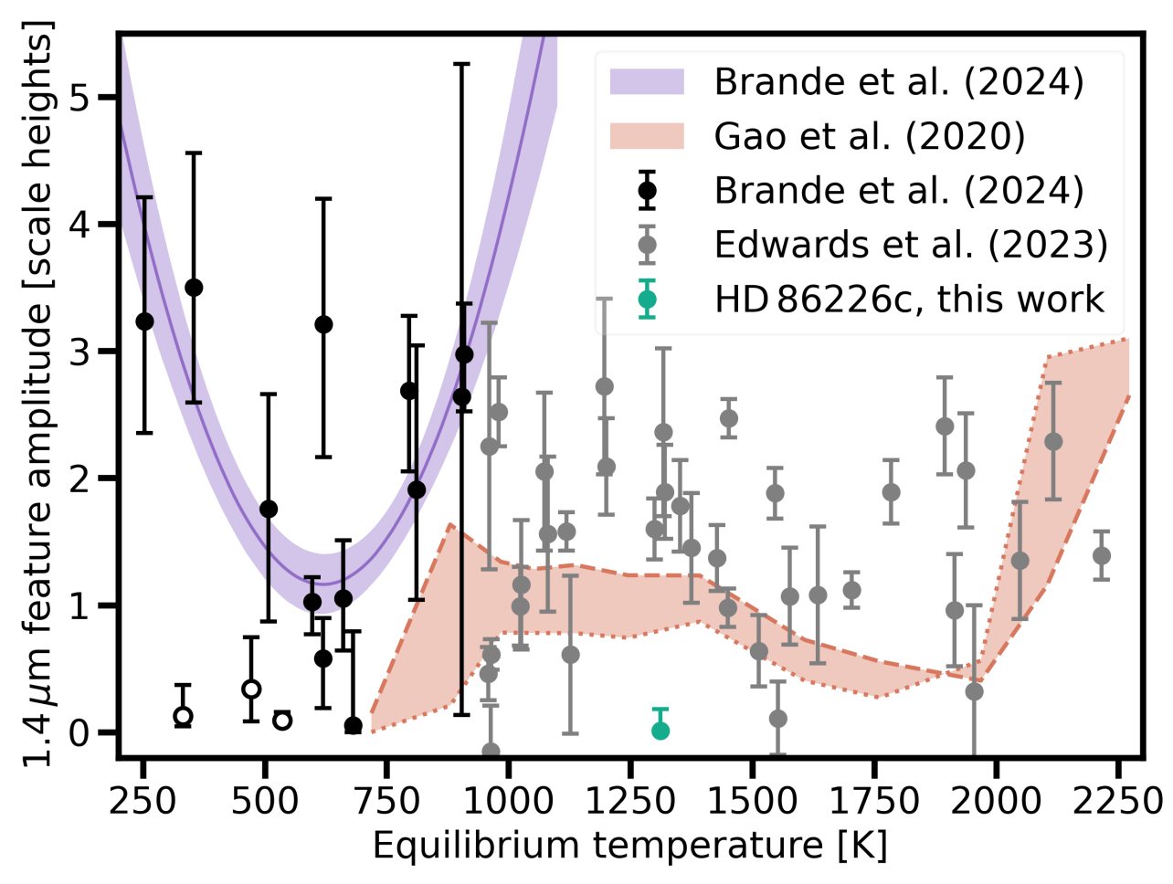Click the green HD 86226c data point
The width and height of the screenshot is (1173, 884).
660,730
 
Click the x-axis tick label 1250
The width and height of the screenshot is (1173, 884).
629,801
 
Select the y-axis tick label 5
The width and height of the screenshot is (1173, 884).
90,98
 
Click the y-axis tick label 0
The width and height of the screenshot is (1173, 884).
90,732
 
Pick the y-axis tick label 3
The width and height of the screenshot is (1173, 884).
90,352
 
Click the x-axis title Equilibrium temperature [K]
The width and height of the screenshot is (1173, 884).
629,846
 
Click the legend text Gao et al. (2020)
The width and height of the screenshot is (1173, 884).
870,136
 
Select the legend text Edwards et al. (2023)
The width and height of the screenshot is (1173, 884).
911,245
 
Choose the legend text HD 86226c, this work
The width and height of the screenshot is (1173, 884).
909,300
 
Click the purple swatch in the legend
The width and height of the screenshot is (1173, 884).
647,81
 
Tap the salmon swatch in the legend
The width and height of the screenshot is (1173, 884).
647,136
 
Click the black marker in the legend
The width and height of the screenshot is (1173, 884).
647,191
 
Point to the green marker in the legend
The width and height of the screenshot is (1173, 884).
647,300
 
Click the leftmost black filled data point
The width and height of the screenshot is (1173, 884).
144,321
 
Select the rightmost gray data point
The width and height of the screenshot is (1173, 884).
1102,555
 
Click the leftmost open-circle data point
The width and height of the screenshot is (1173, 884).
183,716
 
